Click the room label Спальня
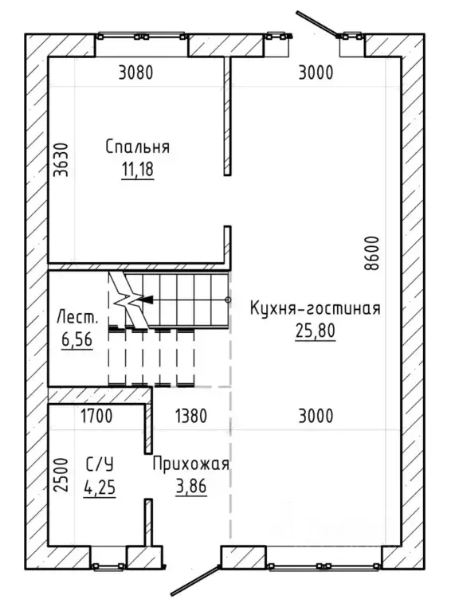[x=138, y=147]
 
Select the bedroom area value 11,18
[x=138, y=170]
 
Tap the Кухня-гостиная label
[x=315, y=308]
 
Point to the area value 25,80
[x=315, y=331]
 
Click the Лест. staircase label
[x=77, y=317]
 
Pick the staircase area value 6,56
[x=76, y=339]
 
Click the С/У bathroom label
[x=100, y=464]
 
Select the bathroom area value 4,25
[x=100, y=487]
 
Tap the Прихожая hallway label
[x=191, y=464]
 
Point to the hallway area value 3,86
[x=191, y=487]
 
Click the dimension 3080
[x=135, y=72]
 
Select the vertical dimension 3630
[x=61, y=159]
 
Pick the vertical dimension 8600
[x=371, y=253]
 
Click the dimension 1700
[x=96, y=416]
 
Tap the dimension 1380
[x=191, y=416]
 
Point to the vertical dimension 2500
[x=61, y=475]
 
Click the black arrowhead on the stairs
[x=145, y=300]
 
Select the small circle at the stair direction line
[x=228, y=300]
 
